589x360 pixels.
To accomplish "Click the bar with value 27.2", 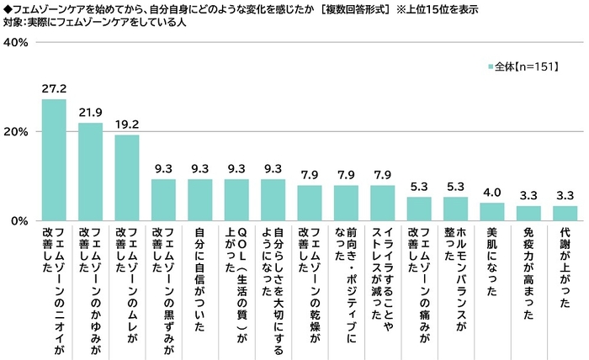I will (54, 160).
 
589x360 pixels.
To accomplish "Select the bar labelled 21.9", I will (90, 172).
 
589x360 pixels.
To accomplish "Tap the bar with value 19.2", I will (126, 177).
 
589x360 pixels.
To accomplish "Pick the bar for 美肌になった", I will (491, 211).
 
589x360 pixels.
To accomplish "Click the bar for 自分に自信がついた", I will (199, 199).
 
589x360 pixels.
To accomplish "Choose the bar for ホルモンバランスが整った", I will (455, 209).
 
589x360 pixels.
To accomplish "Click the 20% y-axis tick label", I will (19, 132).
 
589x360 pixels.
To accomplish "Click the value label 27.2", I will (54, 87).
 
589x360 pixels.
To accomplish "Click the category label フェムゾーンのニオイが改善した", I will (54, 286).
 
